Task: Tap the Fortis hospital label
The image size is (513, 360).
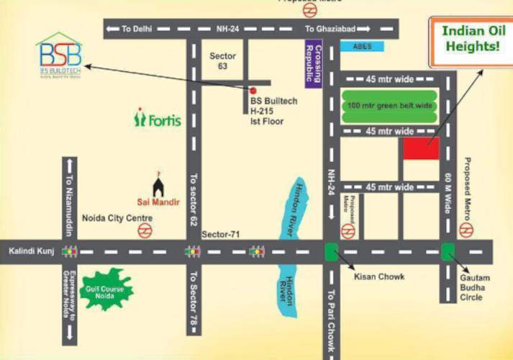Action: (158, 119)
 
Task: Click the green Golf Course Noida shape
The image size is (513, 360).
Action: (108, 288)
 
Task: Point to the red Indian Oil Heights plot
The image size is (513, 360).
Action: (421, 148)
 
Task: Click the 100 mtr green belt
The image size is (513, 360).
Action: (389, 105)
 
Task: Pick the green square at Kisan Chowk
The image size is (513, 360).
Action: (331, 251)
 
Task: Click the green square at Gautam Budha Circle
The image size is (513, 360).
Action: (448, 251)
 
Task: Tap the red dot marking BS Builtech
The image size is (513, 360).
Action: (253, 91)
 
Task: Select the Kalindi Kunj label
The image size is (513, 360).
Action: (27, 251)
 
